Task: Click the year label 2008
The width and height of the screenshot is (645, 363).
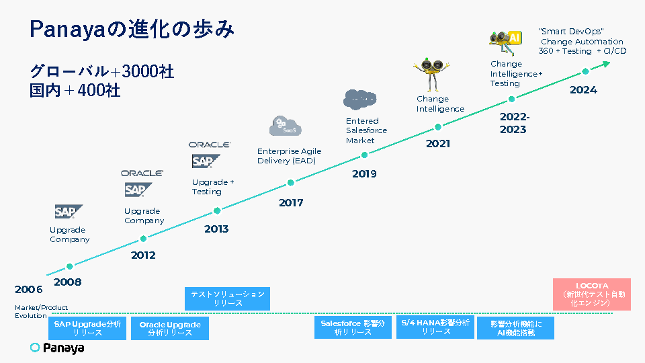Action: pyautogui.click(x=67, y=282)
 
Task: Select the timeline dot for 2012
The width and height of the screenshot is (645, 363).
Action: pyautogui.click(x=143, y=239)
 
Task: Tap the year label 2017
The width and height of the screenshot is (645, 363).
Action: pyautogui.click(x=291, y=202)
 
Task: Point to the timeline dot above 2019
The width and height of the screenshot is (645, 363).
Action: pyautogui.click(x=364, y=155)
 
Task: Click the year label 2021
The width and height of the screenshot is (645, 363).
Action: pyautogui.click(x=438, y=143)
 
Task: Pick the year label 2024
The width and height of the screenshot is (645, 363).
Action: pyautogui.click(x=583, y=90)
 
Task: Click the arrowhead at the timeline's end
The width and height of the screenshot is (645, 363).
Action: pyautogui.click(x=606, y=64)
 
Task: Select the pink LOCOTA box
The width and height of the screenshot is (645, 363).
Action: pyautogui.click(x=592, y=294)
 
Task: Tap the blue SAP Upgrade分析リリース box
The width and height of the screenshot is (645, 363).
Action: pyautogui.click(x=87, y=328)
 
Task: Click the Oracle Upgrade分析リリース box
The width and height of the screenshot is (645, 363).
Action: pyautogui.click(x=170, y=329)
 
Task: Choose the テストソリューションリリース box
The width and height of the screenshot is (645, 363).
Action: pyautogui.click(x=228, y=298)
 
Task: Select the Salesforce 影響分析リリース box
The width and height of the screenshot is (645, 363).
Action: pyautogui.click(x=353, y=327)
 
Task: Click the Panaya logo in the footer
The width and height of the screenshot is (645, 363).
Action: pyautogui.click(x=57, y=348)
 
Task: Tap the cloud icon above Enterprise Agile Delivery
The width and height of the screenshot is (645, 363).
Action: pyautogui.click(x=282, y=126)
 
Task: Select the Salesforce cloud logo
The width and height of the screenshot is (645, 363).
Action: pyautogui.click(x=359, y=99)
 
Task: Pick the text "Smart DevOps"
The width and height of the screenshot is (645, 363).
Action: pyautogui.click(x=571, y=32)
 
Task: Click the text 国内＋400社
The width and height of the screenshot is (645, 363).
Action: pyautogui.click(x=75, y=90)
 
